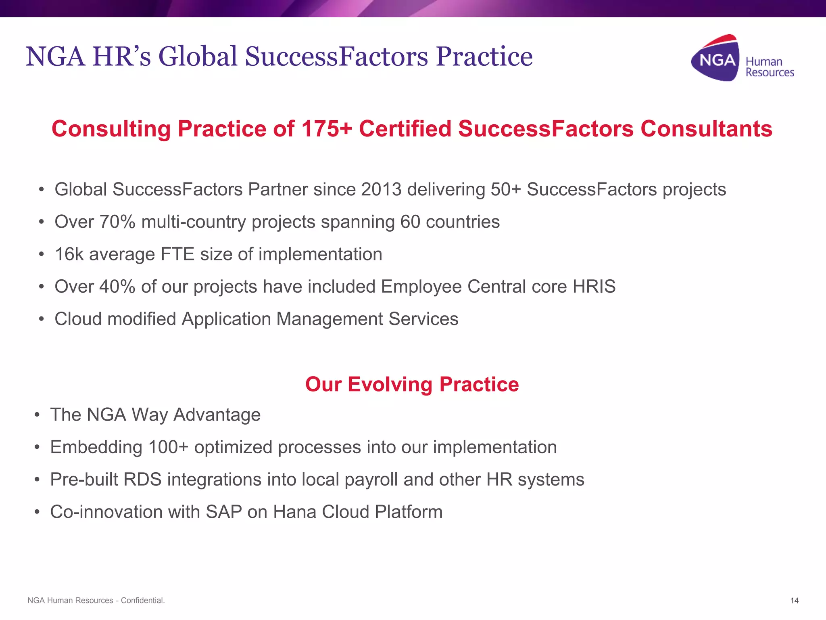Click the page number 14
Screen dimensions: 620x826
click(794, 601)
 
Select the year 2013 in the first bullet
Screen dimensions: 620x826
click(381, 190)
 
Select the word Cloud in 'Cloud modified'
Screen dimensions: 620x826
click(78, 319)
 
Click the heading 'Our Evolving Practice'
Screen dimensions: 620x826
click(412, 384)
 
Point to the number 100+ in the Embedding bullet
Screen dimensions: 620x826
click(168, 447)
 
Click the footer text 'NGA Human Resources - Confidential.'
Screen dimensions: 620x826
click(96, 601)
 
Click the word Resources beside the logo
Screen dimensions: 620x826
click(770, 73)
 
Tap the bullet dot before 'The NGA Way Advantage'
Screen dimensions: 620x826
click(37, 415)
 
